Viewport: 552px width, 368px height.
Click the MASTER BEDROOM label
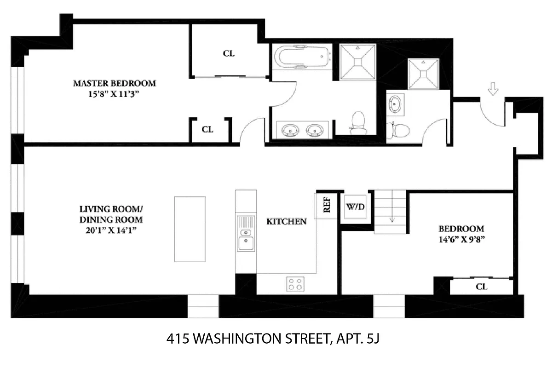click(115, 84)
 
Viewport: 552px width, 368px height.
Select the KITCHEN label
click(287, 222)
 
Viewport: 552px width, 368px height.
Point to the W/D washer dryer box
click(355, 207)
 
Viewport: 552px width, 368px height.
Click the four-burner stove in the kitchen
click(295, 283)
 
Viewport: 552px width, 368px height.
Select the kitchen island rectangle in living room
click(190, 229)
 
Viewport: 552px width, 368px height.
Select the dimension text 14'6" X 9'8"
click(461, 239)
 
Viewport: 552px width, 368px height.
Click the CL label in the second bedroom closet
click(482, 287)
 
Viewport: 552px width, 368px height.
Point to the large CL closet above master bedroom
click(229, 53)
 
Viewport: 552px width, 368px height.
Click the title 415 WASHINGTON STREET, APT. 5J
click(275, 340)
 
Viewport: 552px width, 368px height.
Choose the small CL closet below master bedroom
click(208, 130)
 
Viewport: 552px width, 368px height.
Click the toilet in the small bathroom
click(398, 130)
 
